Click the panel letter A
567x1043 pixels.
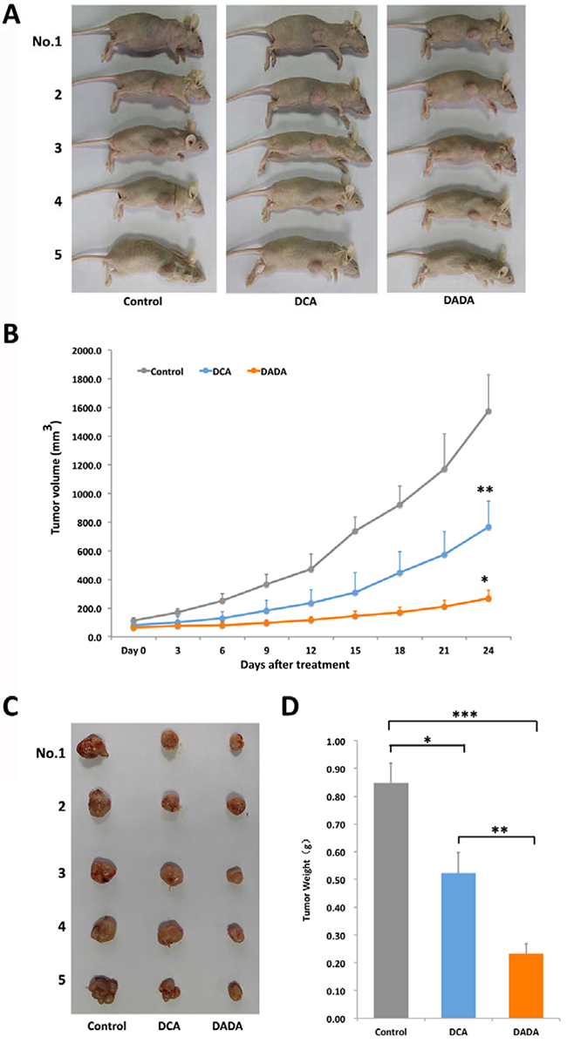(14, 17)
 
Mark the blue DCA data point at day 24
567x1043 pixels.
(488, 527)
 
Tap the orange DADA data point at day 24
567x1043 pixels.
(488, 598)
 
